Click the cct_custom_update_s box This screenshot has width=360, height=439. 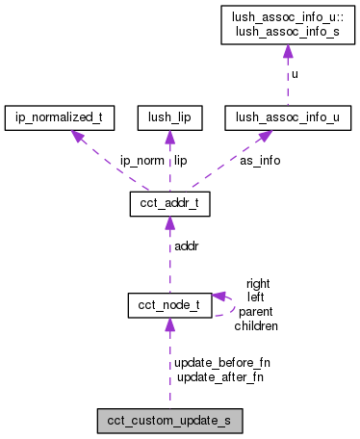coord(169,421)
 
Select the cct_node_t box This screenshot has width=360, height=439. coord(169,305)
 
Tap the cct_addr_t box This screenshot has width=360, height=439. coord(169,204)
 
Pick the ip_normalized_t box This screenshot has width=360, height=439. coord(60,118)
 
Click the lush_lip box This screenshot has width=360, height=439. coord(169,118)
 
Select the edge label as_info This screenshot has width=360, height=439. coord(260,161)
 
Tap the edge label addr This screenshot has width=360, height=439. coord(187,247)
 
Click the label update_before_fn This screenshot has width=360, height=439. coord(222,363)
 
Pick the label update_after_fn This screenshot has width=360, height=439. coord(219,376)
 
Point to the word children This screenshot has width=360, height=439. coord(256,326)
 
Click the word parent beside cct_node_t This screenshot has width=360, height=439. coord(256,312)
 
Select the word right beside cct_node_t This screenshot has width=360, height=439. coord(258,284)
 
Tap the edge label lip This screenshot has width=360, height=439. coord(180,161)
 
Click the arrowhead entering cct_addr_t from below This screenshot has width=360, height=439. coord(169,223)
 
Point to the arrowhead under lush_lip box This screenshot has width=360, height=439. coord(169,137)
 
